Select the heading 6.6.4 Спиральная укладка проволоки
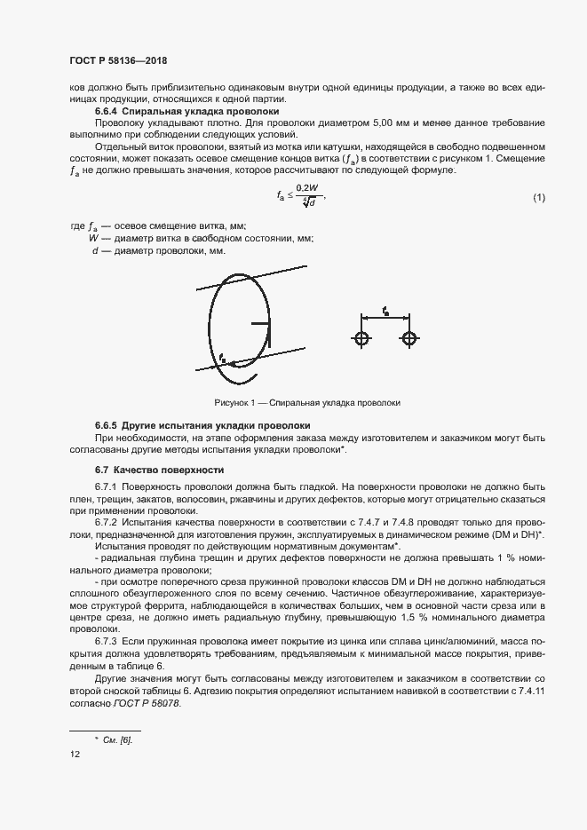pyautogui.click(x=187, y=112)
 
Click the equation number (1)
pyautogui.click(x=538, y=196)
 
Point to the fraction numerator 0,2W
pyautogui.click(x=306, y=187)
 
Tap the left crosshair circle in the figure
pyautogui.click(x=361, y=338)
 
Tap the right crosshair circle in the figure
pyautogui.click(x=409, y=338)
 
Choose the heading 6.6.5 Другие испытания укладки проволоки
pyautogui.click(x=202, y=426)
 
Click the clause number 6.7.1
pyautogui.click(x=107, y=487)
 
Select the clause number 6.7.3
pyautogui.click(x=107, y=639)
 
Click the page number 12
pyautogui.click(x=74, y=754)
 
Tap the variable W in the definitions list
pyautogui.click(x=93, y=239)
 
